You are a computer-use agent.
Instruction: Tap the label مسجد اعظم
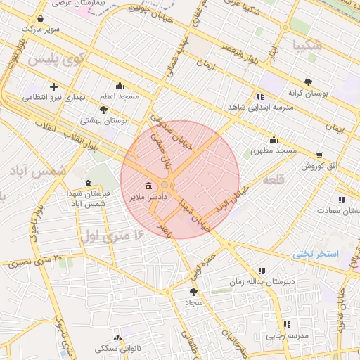(120, 96)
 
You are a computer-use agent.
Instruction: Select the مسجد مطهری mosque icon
(274, 139)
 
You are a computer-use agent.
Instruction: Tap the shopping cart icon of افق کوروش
(320, 155)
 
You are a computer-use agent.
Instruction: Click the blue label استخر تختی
(316, 253)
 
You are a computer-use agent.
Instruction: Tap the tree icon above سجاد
(193, 290)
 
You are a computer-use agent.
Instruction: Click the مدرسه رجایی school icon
(286, 324)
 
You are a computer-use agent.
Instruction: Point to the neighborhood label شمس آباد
(40, 171)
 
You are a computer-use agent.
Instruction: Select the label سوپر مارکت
(41, 30)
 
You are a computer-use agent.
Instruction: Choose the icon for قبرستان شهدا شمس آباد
(87, 184)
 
